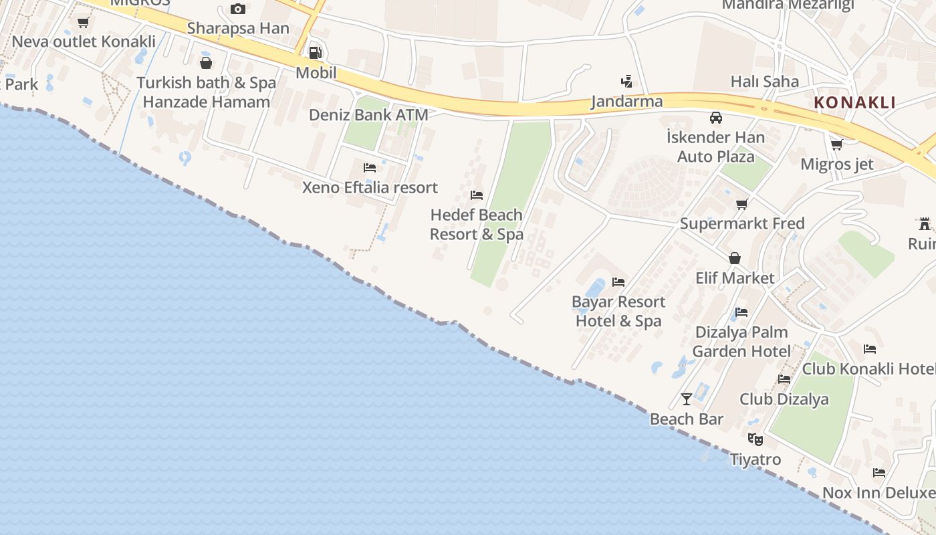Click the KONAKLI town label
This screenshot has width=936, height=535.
coord(854,103)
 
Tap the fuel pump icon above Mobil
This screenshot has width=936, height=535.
coord(315,53)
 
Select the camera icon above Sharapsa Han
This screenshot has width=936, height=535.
coord(237,9)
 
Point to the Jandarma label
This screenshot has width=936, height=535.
coord(626,102)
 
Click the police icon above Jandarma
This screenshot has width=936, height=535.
coord(626,82)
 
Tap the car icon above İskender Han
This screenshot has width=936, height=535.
coord(716,118)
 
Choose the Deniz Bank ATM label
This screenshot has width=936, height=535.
coord(368,115)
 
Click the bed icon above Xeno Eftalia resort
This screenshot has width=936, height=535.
coord(370,168)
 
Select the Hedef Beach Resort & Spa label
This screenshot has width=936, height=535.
coord(476,225)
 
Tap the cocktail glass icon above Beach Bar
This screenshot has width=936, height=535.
coord(687,399)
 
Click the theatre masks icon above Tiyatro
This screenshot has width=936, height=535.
coord(755,439)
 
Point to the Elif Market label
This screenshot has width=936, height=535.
coord(735,278)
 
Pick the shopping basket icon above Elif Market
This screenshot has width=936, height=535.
coord(735,258)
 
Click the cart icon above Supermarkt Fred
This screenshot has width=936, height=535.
coord(741,204)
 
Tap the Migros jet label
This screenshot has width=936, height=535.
coord(836,165)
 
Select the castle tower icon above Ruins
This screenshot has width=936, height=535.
coord(925,224)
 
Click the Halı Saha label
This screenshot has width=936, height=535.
coord(764,82)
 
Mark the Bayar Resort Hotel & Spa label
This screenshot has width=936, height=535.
coord(618,312)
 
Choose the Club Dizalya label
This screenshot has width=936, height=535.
coord(784,400)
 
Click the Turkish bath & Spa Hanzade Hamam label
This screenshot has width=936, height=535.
coord(206,92)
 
